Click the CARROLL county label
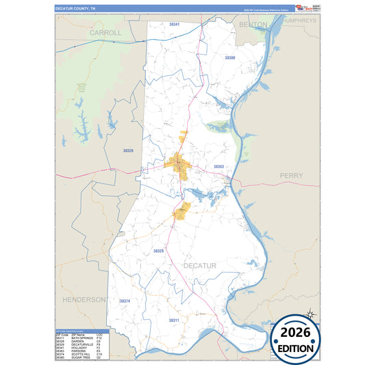tap(105, 32)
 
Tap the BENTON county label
tap(253, 24)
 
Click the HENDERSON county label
tap(84, 300)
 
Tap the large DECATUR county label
tap(199, 265)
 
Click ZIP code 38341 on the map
tap(174, 25)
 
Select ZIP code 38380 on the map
tap(230, 58)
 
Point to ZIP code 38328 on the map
tap(128, 150)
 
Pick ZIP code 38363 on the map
tap(218, 166)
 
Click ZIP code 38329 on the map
tap(158, 251)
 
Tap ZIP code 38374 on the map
tap(124, 301)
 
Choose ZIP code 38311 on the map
tap(174, 320)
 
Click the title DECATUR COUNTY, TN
tap(76, 9)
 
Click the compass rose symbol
tap(310, 314)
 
